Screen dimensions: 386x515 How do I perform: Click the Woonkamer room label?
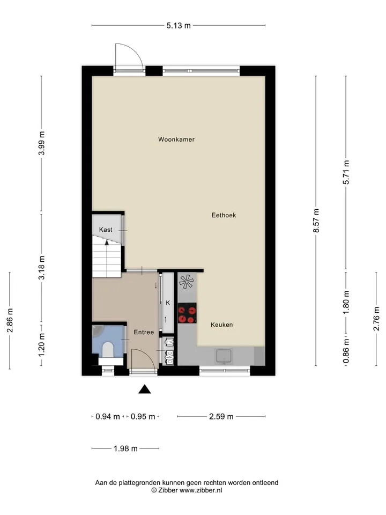(176, 139)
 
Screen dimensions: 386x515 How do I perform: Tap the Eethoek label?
(224, 215)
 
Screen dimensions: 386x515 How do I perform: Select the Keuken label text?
(222, 325)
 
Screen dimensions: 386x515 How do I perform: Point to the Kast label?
(106, 230)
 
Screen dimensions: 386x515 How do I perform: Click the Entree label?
(144, 332)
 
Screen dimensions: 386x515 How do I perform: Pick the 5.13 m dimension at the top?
(179, 25)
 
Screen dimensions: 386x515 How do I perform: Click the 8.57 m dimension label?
(316, 220)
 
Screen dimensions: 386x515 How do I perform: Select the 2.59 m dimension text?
(221, 416)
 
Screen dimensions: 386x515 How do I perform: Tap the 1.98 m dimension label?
(125, 448)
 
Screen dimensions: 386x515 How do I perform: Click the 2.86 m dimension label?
(10, 320)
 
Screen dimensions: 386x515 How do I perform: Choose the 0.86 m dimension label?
(346, 351)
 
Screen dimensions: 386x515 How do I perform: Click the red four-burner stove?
(187, 313)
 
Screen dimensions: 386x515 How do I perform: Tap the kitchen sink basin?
(224, 356)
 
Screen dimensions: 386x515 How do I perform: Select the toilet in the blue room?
(107, 350)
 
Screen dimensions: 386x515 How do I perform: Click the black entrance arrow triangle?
(144, 389)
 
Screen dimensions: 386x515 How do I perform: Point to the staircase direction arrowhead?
(107, 242)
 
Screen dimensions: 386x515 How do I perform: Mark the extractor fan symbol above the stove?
(187, 282)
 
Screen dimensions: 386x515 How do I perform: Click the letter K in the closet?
(168, 303)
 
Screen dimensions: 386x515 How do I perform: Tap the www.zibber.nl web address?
(201, 490)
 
